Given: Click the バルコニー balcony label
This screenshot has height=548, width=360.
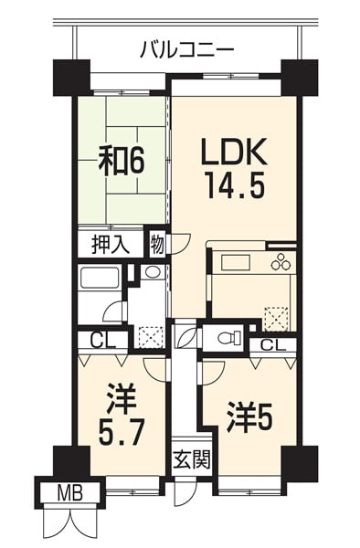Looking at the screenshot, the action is click(x=186, y=50).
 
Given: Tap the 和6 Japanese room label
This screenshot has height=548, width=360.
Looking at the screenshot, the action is click(x=122, y=161).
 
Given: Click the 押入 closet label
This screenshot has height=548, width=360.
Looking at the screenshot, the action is click(x=111, y=245).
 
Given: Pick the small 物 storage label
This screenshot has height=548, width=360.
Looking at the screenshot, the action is click(x=158, y=244).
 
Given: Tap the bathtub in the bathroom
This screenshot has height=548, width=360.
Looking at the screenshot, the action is click(x=100, y=279).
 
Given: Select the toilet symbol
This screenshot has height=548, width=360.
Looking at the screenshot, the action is click(x=228, y=337).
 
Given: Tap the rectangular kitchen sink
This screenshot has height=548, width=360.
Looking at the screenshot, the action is click(x=234, y=263).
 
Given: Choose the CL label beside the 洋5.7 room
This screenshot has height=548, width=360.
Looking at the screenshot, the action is click(x=102, y=340).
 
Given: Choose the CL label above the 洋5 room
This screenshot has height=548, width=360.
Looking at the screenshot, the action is click(x=273, y=345).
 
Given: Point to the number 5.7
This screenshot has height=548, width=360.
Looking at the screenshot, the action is click(x=121, y=432).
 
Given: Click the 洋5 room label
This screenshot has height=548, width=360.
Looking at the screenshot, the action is click(x=249, y=417).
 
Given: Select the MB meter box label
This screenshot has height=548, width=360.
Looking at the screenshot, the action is click(x=70, y=493).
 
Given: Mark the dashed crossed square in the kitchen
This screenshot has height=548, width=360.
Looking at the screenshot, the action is click(x=277, y=319).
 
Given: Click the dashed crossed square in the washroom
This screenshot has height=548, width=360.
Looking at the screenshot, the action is click(x=151, y=336).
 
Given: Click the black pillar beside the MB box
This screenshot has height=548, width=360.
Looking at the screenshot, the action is click(x=71, y=461).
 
